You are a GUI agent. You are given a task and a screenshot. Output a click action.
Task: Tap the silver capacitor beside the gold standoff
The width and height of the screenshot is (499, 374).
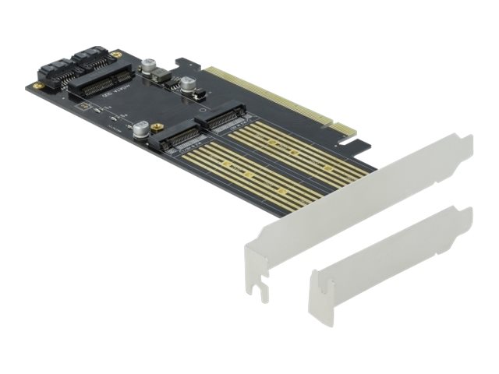[x=140, y=129]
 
